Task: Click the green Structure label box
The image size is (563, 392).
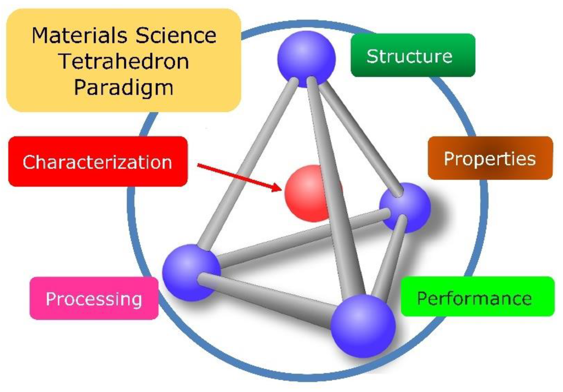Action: (x=413, y=55)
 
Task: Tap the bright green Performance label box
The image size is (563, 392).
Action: (x=477, y=296)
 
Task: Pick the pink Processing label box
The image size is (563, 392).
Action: (x=94, y=298)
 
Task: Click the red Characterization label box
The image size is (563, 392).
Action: (x=98, y=161)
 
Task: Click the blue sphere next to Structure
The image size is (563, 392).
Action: (x=306, y=59)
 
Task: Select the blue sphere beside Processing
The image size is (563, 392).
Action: (x=191, y=272)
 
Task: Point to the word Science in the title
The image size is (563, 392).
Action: (x=176, y=36)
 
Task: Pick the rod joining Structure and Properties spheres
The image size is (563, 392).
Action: (x=359, y=136)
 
